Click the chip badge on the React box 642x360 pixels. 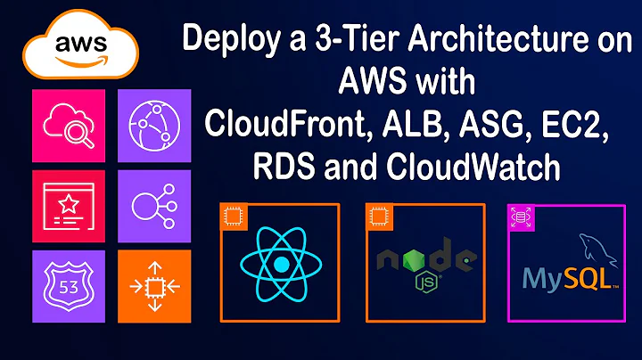(x=234, y=217)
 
